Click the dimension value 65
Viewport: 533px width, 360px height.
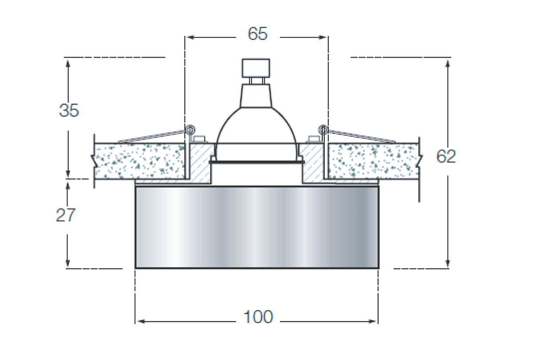(x=258, y=34)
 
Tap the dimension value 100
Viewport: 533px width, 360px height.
(x=258, y=317)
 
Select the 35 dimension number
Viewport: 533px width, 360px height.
(x=69, y=110)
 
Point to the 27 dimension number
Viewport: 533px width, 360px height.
(x=66, y=215)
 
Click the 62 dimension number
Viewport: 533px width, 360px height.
(x=446, y=156)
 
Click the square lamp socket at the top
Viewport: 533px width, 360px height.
(x=256, y=68)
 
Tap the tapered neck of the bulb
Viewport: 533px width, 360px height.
(x=256, y=96)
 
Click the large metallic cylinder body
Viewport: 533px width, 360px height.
(x=257, y=228)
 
